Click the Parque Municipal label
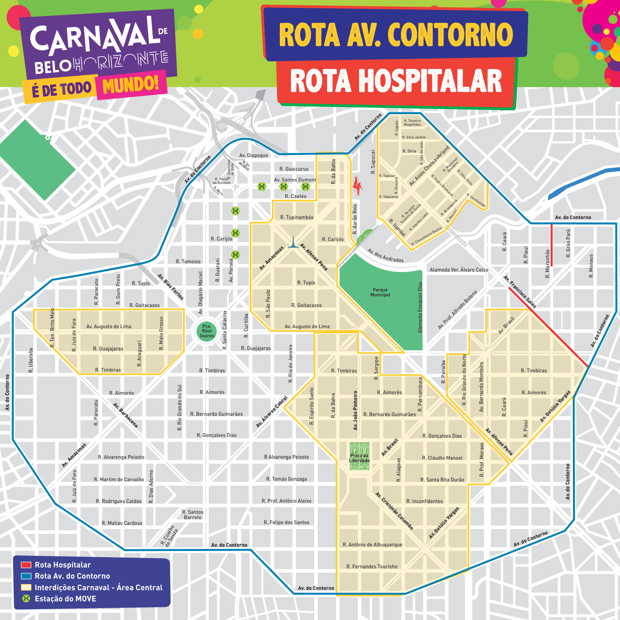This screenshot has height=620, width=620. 380,292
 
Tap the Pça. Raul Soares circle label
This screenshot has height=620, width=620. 207,331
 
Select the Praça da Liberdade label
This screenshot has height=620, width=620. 359,458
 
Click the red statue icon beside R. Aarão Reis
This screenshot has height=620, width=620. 357,186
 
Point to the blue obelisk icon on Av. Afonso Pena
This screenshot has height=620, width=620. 293,243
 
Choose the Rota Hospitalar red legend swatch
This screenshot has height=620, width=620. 26,565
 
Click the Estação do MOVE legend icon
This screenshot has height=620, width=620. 26,599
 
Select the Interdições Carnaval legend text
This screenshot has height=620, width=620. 98,587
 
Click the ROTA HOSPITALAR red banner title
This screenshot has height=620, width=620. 396,81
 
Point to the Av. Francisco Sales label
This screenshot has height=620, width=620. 520,292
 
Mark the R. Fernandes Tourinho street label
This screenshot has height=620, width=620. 372,567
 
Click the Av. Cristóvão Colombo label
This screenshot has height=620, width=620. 394,511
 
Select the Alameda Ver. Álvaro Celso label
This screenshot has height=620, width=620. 459,270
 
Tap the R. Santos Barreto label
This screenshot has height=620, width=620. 193,515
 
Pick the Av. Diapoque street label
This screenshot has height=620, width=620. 253,155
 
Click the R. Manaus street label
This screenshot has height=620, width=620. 591,266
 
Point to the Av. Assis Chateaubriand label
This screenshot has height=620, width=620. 429,166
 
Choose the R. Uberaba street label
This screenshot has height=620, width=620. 31,360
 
